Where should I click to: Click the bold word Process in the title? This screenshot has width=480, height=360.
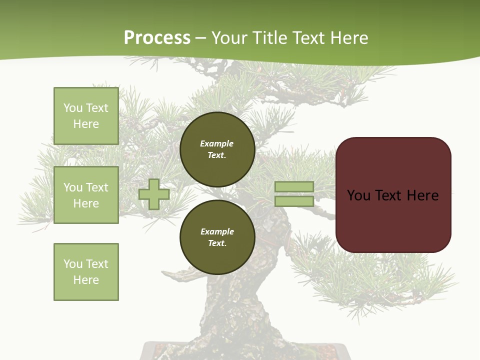(157, 38)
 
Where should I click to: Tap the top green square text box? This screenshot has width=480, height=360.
(86, 116)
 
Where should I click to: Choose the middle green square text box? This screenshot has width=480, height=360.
(86, 195)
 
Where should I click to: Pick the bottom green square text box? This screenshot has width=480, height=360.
(86, 272)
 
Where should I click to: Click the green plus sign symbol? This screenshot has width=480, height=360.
(154, 194)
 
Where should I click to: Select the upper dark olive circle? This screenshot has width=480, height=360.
(217, 149)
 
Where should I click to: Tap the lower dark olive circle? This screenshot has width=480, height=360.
(217, 237)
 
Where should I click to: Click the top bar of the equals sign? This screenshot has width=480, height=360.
(294, 186)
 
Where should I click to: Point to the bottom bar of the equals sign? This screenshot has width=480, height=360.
(294, 201)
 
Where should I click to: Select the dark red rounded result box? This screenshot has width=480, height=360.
(393, 195)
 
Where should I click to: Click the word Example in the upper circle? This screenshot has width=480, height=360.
(216, 143)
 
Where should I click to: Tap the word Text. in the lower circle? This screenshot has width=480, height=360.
(217, 243)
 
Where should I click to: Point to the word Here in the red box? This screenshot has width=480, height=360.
(422, 195)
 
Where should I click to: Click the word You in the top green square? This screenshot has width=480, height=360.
(72, 108)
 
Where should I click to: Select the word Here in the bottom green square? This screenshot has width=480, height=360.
(86, 280)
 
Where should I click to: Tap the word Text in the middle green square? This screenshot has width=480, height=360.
(97, 187)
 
